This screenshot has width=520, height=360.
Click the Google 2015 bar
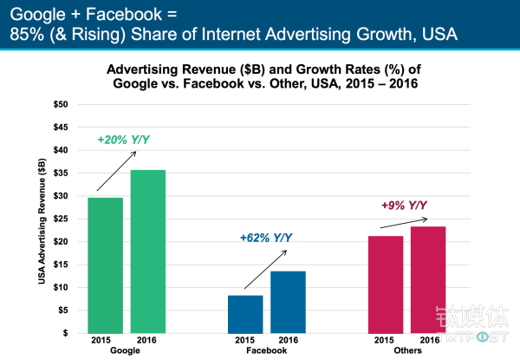coord(105,265)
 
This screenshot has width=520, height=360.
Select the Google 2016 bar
coord(148,252)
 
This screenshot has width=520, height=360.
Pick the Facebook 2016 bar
coord(289,302)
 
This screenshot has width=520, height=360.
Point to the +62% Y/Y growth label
coord(266,237)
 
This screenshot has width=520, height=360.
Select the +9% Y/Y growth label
coord(405,206)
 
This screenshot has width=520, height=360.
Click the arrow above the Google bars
coord(115,170)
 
